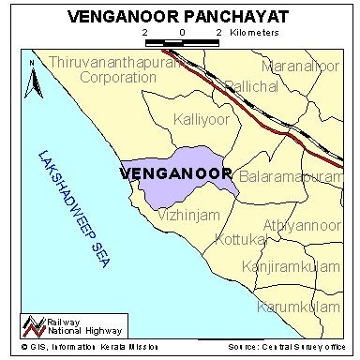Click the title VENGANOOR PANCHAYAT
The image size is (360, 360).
[180, 16]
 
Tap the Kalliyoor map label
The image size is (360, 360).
[202, 120]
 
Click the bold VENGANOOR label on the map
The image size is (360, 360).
[175, 173]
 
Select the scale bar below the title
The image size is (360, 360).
[181, 43]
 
